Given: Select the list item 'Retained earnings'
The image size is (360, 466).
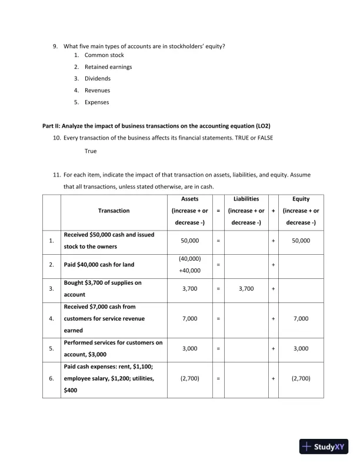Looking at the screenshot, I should (x=108, y=66).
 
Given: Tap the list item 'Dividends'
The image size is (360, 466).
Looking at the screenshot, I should (x=98, y=78).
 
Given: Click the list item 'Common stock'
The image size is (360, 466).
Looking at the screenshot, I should (x=104, y=55).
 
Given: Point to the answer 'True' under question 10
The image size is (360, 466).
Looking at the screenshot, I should (x=91, y=151).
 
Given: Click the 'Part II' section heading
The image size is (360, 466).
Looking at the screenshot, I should (x=156, y=127).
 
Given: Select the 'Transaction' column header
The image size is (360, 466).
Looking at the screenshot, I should (x=114, y=211).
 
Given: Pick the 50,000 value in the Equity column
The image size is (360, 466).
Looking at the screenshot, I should (x=301, y=241).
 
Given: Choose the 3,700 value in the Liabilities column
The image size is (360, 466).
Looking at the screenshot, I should (x=246, y=289).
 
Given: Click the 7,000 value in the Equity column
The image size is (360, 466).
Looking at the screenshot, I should (x=301, y=318).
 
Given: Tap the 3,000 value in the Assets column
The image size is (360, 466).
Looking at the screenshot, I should (x=189, y=348).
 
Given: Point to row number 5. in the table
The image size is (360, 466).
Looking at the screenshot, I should (x=52, y=348).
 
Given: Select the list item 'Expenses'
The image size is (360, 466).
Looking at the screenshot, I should (x=97, y=102).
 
